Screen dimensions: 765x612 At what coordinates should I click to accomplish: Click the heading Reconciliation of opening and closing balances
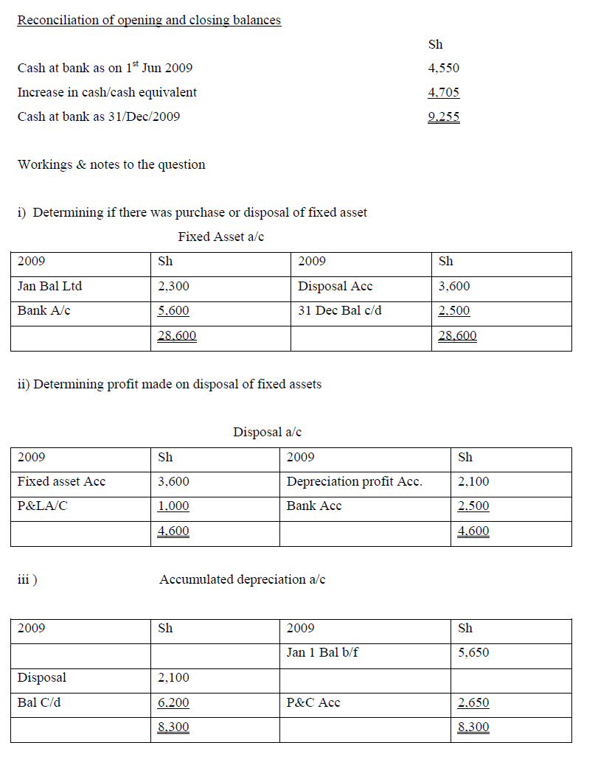(x=149, y=20)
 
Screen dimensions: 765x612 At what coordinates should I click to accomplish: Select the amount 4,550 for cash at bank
(x=443, y=68)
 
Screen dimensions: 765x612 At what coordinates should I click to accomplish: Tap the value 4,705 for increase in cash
(x=443, y=92)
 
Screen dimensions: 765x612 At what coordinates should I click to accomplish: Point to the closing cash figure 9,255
(x=443, y=116)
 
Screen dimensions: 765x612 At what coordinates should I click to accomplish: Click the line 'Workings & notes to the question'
(x=111, y=164)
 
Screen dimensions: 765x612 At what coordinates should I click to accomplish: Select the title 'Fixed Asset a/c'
(x=220, y=237)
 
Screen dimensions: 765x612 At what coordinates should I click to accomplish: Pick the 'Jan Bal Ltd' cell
(x=49, y=286)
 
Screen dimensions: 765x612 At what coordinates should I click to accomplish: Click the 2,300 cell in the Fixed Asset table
(x=173, y=286)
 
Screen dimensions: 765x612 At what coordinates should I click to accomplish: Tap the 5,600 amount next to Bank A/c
(x=173, y=310)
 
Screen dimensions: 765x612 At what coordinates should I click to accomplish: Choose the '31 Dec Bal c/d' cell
(x=340, y=310)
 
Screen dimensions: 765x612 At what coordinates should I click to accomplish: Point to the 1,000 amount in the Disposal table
(x=173, y=506)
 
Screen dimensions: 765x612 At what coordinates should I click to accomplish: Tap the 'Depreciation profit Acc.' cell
(x=354, y=481)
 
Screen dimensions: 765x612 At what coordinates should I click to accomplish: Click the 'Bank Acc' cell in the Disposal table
(x=313, y=506)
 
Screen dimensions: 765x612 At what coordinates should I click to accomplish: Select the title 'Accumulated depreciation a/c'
(x=242, y=579)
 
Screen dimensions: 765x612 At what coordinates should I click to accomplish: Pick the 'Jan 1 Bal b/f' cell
(x=322, y=652)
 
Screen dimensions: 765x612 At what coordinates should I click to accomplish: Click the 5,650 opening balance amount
(x=473, y=652)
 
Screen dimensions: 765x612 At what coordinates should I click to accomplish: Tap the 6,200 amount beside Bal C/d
(x=173, y=702)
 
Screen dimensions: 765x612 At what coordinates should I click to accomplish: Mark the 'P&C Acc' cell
(x=313, y=702)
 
